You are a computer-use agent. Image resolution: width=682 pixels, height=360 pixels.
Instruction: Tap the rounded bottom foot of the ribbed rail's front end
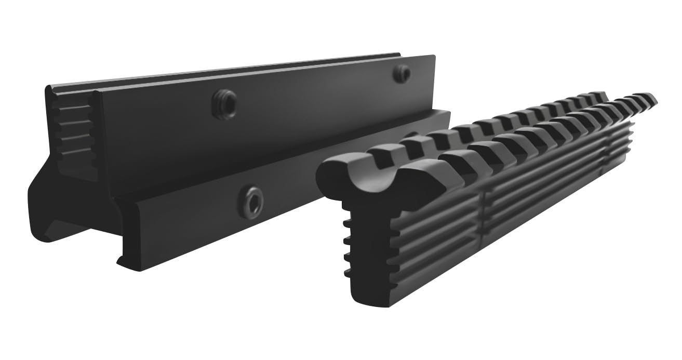371,296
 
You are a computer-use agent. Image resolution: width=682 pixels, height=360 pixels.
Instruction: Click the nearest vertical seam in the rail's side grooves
486,208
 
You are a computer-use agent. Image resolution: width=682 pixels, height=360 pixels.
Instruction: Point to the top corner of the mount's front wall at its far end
432,56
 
